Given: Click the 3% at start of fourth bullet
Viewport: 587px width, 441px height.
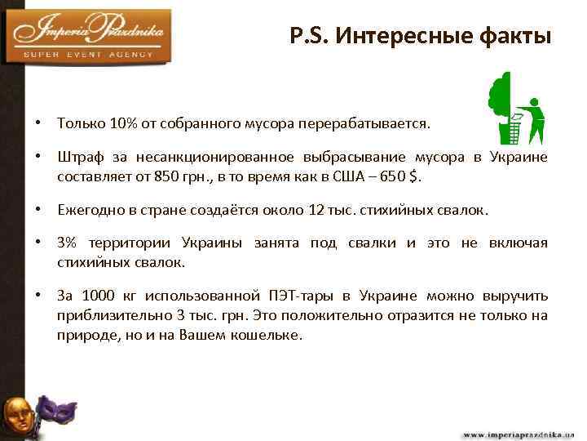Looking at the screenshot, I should pyautogui.click(x=68, y=244).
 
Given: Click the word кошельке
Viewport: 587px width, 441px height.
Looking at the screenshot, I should pyautogui.click(x=267, y=333).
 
